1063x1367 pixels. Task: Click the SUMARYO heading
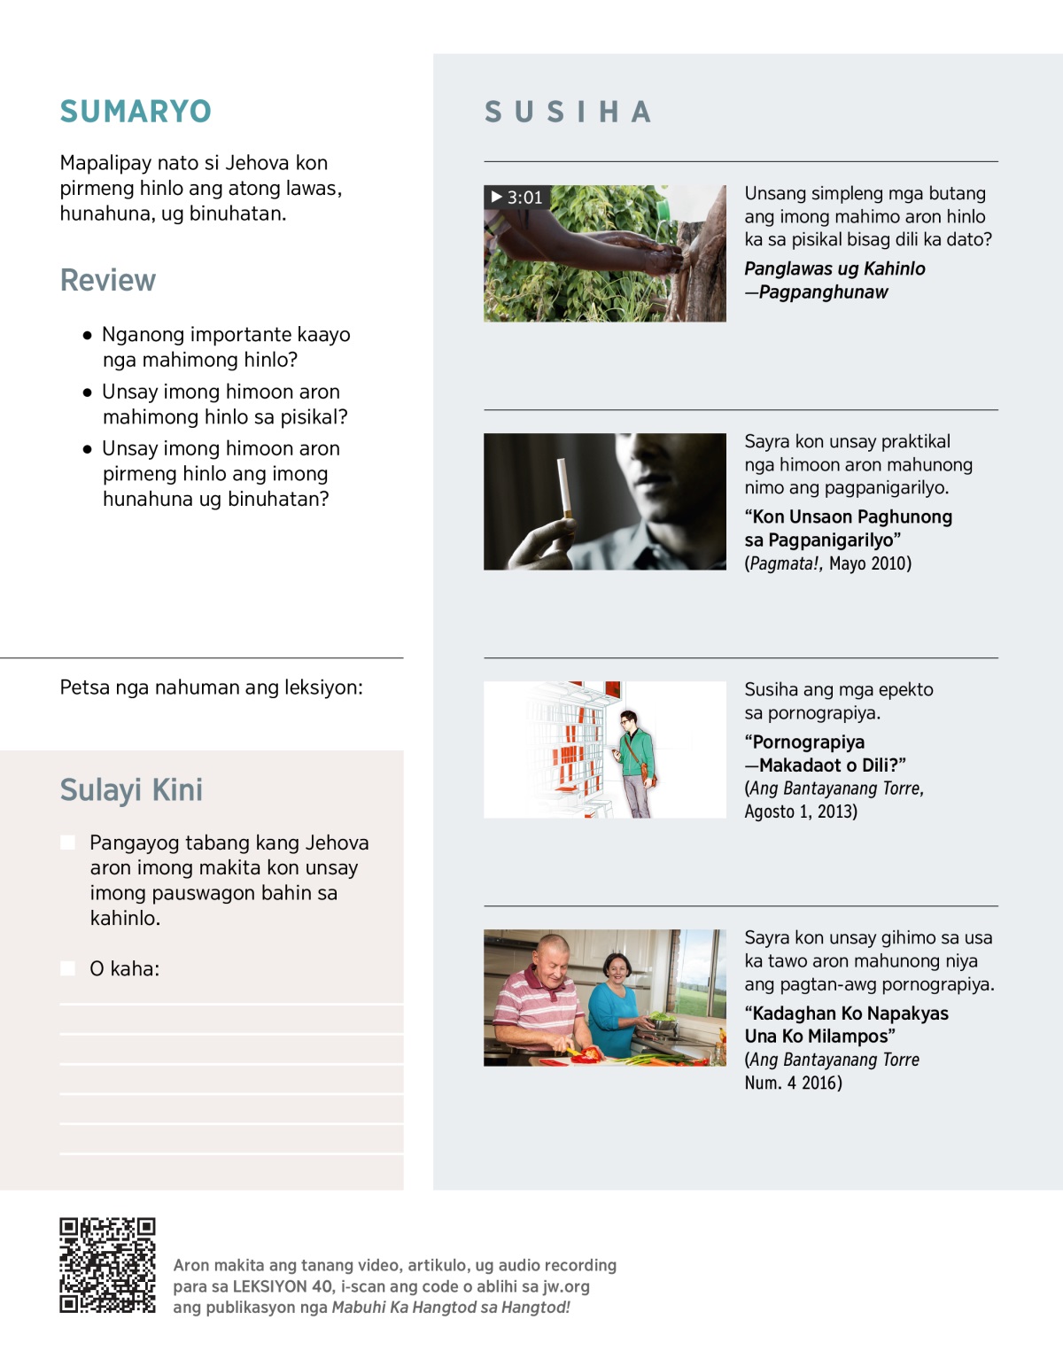136,112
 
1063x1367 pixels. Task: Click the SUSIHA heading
568,113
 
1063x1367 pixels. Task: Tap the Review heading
108,280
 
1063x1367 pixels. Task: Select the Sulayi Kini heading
131,789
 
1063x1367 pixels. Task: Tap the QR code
107,1265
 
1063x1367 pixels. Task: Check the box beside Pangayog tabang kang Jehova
67,843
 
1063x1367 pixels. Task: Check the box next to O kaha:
67,968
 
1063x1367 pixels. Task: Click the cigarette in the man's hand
563,487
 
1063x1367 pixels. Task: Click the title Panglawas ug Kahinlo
834,268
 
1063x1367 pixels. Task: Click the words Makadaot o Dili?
832,765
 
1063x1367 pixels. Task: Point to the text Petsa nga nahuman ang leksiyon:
211,687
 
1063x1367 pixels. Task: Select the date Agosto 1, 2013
801,812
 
